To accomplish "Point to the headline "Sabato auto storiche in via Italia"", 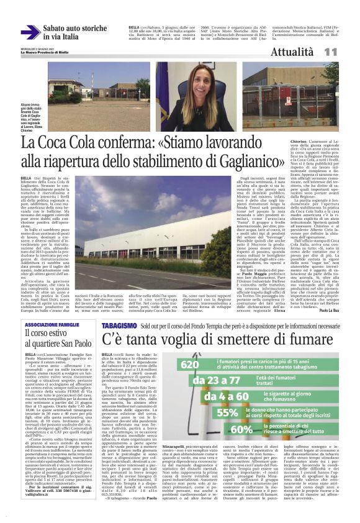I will click(75, 32).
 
